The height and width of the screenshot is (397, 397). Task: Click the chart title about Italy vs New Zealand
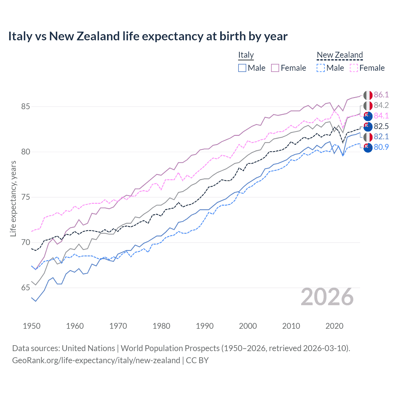coord(148,36)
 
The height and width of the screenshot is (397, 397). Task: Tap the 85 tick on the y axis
coord(25,106)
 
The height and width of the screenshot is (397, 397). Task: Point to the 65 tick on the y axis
coord(25,288)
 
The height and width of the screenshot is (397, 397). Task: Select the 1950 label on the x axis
coord(32,326)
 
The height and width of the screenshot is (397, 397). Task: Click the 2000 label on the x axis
coord(248,326)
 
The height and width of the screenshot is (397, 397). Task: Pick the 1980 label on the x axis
coord(161,326)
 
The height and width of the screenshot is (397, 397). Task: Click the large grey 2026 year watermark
coord(327,297)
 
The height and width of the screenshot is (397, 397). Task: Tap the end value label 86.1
coord(381,95)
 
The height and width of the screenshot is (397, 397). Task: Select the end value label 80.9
coord(381,147)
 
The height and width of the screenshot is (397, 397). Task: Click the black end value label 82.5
coord(381,126)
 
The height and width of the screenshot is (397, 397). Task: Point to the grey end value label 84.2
coord(381,105)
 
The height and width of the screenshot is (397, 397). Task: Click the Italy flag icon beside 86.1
coord(368,95)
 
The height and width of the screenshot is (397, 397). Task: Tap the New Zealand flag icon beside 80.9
coord(368,148)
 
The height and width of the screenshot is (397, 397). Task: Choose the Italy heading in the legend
coord(246,55)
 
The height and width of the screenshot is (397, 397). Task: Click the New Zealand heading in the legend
coord(340,55)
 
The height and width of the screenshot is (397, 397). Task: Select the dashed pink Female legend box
coord(354,68)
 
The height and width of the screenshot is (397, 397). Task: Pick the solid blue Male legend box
coord(242,68)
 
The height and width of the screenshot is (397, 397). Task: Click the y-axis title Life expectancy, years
coord(13,198)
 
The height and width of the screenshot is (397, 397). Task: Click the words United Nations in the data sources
coord(88,348)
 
